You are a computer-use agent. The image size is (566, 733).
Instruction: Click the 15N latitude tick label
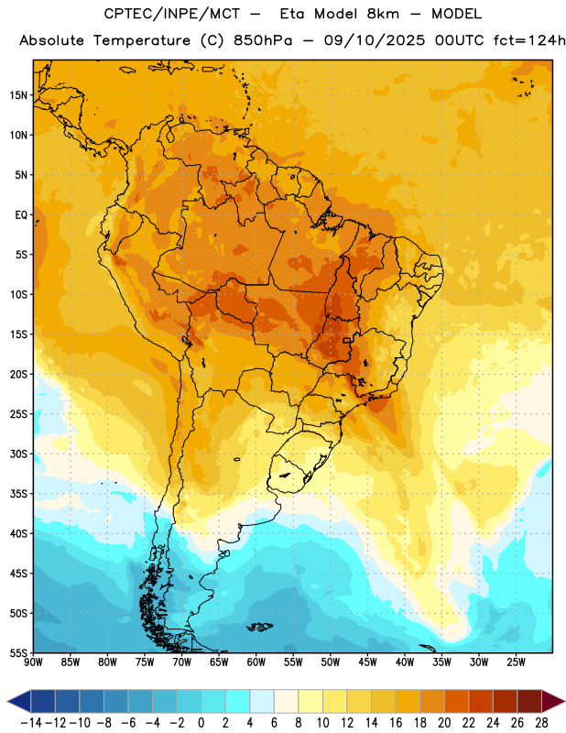tap(18, 95)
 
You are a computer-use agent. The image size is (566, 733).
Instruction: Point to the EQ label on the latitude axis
tap(21, 215)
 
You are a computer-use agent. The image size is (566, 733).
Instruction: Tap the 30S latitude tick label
tap(18, 454)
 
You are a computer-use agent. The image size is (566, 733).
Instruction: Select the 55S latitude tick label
tap(18, 652)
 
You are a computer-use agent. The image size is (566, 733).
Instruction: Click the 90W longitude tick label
tap(33, 662)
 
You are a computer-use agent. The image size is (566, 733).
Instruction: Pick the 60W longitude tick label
tap(256, 662)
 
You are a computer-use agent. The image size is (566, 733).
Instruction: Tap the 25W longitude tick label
tap(516, 662)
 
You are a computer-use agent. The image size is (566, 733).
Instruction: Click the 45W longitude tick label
tap(367, 662)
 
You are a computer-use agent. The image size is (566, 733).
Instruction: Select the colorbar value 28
tap(541, 723)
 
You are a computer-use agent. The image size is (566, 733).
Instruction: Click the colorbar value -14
tap(31, 723)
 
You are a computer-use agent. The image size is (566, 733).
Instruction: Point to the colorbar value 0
tap(201, 723)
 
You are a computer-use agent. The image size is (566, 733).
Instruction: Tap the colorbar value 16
tap(396, 723)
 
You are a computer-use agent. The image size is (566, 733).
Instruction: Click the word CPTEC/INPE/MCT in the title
tap(172, 14)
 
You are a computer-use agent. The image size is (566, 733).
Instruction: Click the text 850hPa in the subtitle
tap(263, 40)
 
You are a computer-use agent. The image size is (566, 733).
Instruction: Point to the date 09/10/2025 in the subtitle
tap(375, 40)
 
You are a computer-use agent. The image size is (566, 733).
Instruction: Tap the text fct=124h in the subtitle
tap(529, 40)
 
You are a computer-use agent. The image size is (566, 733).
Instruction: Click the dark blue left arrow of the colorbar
tap(19, 701)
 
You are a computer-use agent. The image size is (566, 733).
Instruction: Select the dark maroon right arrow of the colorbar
tap(553, 701)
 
